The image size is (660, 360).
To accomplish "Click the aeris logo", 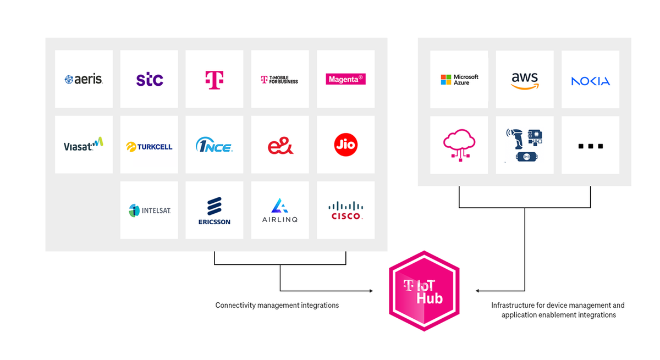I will tap(84, 79).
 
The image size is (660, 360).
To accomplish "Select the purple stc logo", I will tap(150, 79).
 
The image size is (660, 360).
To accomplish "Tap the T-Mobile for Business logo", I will tap(279, 80).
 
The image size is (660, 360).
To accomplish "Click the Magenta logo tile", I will tap(345, 79).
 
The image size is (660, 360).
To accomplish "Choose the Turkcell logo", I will tap(149, 146).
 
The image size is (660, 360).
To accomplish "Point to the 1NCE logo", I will tap(214, 145).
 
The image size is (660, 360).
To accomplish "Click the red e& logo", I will tap(280, 145).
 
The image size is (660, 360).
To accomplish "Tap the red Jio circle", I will tap(345, 145).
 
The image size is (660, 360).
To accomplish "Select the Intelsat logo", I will tap(149, 210).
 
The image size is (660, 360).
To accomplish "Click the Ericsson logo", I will tap(215, 211).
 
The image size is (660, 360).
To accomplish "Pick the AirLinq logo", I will tap(280, 211).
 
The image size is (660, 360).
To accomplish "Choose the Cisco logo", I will tap(345, 211).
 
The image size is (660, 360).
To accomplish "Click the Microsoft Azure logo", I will tap(459, 80).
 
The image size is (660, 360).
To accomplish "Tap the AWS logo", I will tap(525, 80).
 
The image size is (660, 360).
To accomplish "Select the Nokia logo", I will tap(590, 81).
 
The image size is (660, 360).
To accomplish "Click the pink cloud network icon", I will tap(459, 145).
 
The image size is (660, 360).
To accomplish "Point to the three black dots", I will tap(591, 146).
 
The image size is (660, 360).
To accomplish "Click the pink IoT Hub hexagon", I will tap(424, 291).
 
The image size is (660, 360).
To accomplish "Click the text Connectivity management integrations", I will tap(277, 305).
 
